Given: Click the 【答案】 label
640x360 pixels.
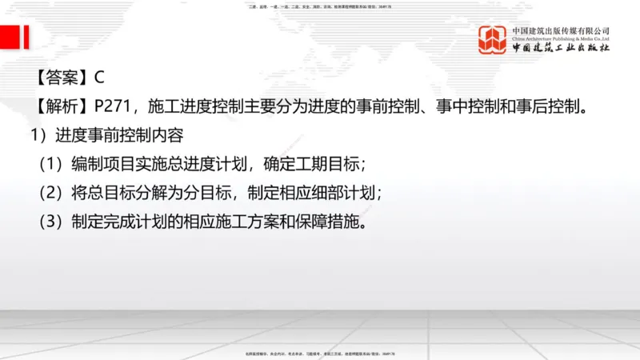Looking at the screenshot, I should click(61, 78).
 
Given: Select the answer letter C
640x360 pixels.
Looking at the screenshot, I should click(99, 78).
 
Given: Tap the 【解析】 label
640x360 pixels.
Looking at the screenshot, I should click(61, 106).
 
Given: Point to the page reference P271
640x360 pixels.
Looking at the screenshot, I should click(113, 106).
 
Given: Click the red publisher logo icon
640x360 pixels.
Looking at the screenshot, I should click(493, 39).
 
